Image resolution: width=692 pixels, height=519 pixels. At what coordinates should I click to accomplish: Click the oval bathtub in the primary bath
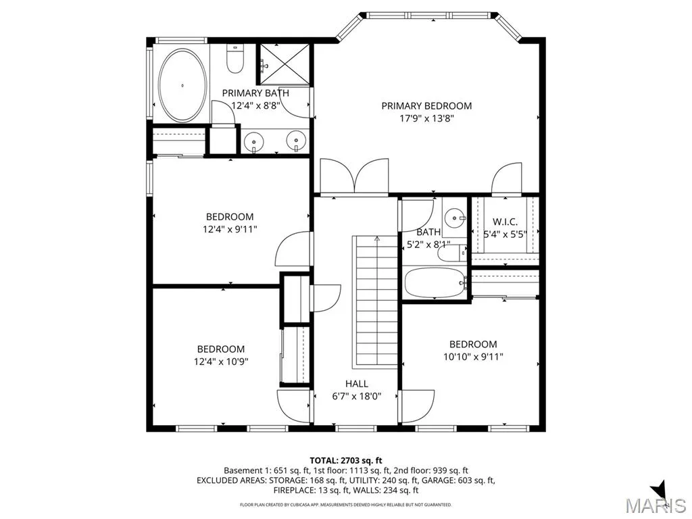(182, 86)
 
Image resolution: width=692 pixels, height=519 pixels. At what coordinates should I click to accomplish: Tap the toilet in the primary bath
(234, 59)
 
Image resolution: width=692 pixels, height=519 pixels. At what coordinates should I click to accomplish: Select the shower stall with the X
(285, 64)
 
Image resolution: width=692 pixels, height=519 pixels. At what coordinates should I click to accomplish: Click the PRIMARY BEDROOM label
(426, 106)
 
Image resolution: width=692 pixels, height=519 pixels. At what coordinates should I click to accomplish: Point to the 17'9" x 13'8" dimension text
(426, 118)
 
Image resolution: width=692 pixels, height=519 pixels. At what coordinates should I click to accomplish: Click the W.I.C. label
(505, 222)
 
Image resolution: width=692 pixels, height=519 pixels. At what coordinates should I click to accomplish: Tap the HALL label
(357, 384)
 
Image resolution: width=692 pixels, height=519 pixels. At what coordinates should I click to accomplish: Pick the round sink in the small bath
(455, 218)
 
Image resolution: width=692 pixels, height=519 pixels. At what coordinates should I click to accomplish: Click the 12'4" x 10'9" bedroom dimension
(221, 362)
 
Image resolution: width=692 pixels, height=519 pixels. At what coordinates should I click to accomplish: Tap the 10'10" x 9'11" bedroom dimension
(473, 357)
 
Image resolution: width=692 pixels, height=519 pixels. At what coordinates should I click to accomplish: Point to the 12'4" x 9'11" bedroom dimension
(230, 229)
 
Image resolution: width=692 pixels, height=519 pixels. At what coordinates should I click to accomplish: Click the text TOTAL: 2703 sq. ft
(346, 461)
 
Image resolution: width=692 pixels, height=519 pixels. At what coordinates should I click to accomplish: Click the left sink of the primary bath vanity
(254, 142)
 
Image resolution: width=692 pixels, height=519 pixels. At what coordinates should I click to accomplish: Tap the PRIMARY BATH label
(255, 93)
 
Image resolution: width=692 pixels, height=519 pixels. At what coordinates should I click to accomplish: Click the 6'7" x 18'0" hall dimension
(357, 396)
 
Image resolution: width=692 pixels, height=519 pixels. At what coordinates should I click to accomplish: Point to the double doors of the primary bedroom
(354, 176)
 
